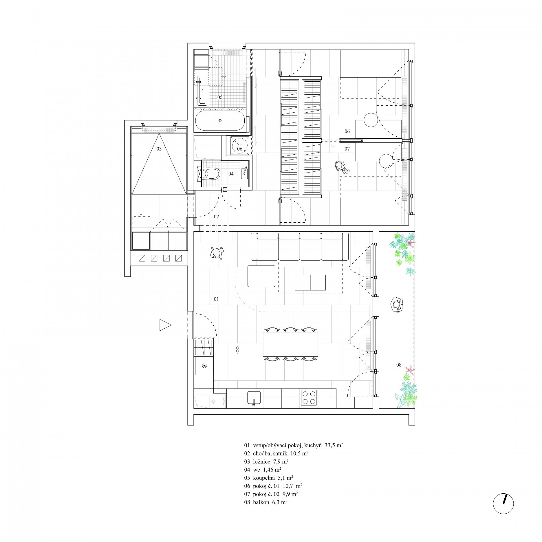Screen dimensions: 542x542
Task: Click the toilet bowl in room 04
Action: click(212, 174)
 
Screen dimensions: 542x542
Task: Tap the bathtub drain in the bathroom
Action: click(220, 120)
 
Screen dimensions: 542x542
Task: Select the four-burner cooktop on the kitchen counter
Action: click(309, 398)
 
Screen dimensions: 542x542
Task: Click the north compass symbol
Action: click(503, 503)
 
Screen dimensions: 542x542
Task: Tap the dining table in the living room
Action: click(290, 344)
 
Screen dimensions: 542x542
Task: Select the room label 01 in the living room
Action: click(216, 299)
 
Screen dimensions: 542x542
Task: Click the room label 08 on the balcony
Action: click(399, 365)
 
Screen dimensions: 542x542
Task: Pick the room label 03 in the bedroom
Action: click(159, 149)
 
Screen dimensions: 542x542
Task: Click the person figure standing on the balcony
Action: click(397, 305)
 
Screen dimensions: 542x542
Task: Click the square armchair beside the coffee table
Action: click(261, 276)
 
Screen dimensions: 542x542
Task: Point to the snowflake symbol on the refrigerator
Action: click(204, 366)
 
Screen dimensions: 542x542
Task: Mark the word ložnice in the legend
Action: click(261, 462)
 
